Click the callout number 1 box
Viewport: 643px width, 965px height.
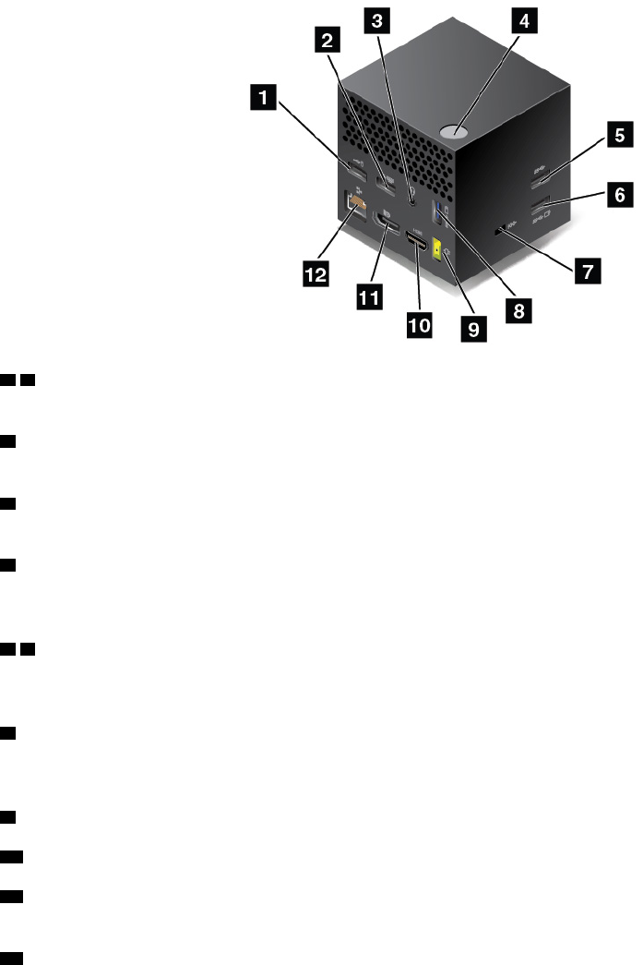coord(264,95)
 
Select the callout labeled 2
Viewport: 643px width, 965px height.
coord(326,38)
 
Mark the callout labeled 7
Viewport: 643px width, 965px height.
coord(584,271)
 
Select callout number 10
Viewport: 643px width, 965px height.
coord(420,324)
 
